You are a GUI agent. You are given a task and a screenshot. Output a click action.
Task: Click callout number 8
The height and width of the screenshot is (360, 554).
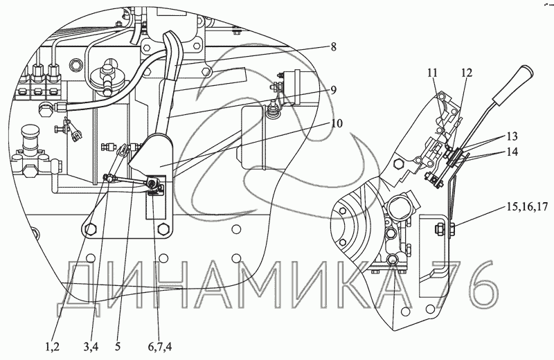333,47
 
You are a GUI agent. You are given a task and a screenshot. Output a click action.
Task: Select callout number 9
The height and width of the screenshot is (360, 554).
333,91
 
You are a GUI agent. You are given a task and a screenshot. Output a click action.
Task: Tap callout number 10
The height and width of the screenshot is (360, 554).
337,124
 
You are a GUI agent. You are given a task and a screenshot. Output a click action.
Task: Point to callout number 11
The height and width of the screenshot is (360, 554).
432,73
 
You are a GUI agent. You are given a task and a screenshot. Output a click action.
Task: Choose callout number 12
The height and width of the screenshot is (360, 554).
466,73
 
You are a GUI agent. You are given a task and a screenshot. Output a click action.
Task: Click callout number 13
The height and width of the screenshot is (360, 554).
512,136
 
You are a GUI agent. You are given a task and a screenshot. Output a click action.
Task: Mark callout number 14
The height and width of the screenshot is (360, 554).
512,152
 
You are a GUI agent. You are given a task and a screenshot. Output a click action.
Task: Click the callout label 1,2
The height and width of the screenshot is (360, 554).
53,347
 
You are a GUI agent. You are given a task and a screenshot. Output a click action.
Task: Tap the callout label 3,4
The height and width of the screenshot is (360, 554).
91,347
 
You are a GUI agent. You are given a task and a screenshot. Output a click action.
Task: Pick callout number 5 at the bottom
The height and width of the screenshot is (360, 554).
118,347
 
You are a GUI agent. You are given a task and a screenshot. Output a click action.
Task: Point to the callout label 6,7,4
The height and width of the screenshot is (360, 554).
160,347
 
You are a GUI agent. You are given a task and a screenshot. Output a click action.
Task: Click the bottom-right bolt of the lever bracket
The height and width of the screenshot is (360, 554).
163,229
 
